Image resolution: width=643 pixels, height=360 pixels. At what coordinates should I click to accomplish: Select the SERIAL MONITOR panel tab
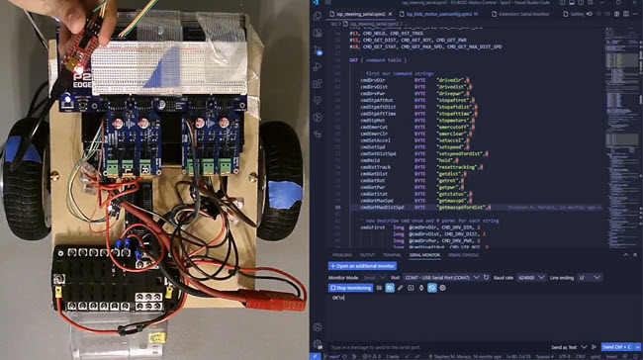423,254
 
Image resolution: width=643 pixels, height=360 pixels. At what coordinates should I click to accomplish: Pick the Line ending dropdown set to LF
590,277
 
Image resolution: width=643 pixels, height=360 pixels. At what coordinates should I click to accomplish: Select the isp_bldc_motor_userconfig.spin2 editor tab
440,16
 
